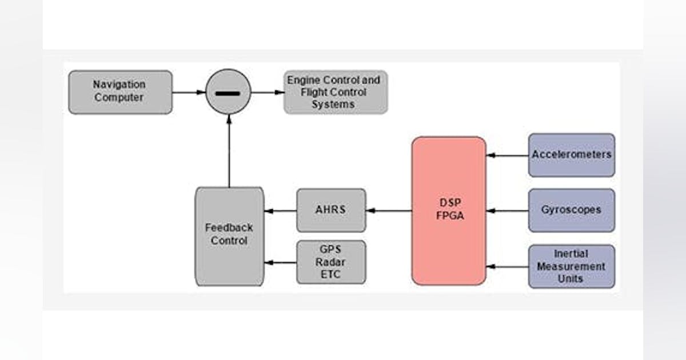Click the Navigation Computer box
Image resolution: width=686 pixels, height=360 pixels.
tap(120, 92)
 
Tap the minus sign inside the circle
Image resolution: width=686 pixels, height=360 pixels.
tap(228, 93)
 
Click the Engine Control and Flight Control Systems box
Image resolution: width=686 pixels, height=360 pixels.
tap(336, 92)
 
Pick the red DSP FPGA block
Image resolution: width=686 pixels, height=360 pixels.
tap(449, 210)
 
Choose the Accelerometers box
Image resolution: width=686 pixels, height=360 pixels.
tap(571, 155)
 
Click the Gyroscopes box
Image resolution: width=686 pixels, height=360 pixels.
tap(571, 210)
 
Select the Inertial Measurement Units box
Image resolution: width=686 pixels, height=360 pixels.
tap(571, 266)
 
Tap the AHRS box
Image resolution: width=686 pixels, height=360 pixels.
tap(331, 210)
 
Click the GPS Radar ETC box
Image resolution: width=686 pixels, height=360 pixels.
tap(331, 262)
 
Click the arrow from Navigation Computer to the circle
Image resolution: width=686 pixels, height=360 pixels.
tap(189, 92)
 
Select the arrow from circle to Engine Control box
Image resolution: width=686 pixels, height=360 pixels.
tap(268, 92)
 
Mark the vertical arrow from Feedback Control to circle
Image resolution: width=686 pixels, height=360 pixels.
tap(229, 151)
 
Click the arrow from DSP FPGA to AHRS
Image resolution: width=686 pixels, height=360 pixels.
tap(389, 210)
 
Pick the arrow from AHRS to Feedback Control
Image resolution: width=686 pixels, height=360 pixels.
tap(280, 210)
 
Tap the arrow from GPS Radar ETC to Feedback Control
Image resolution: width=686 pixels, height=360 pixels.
tap(280, 263)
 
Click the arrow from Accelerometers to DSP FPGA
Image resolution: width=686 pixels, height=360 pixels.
tap(507, 155)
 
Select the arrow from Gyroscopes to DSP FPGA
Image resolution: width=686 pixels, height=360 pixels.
tap(507, 210)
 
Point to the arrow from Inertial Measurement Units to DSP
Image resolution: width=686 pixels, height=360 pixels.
tap(507, 266)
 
